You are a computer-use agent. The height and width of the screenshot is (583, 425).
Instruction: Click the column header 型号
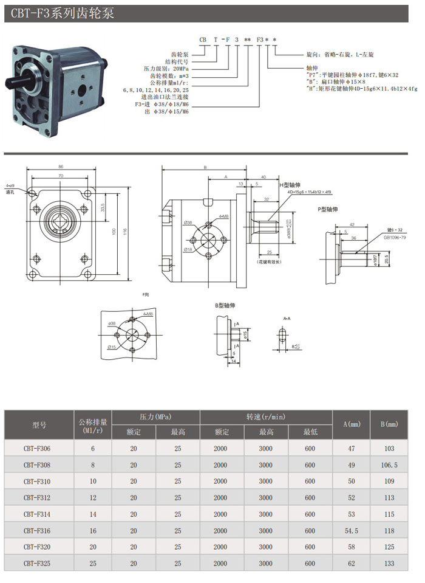(39, 424)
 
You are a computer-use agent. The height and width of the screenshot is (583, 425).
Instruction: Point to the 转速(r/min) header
(265, 417)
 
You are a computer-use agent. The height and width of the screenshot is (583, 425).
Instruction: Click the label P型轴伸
(327, 210)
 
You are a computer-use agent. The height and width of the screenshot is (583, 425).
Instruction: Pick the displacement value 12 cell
(93, 498)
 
